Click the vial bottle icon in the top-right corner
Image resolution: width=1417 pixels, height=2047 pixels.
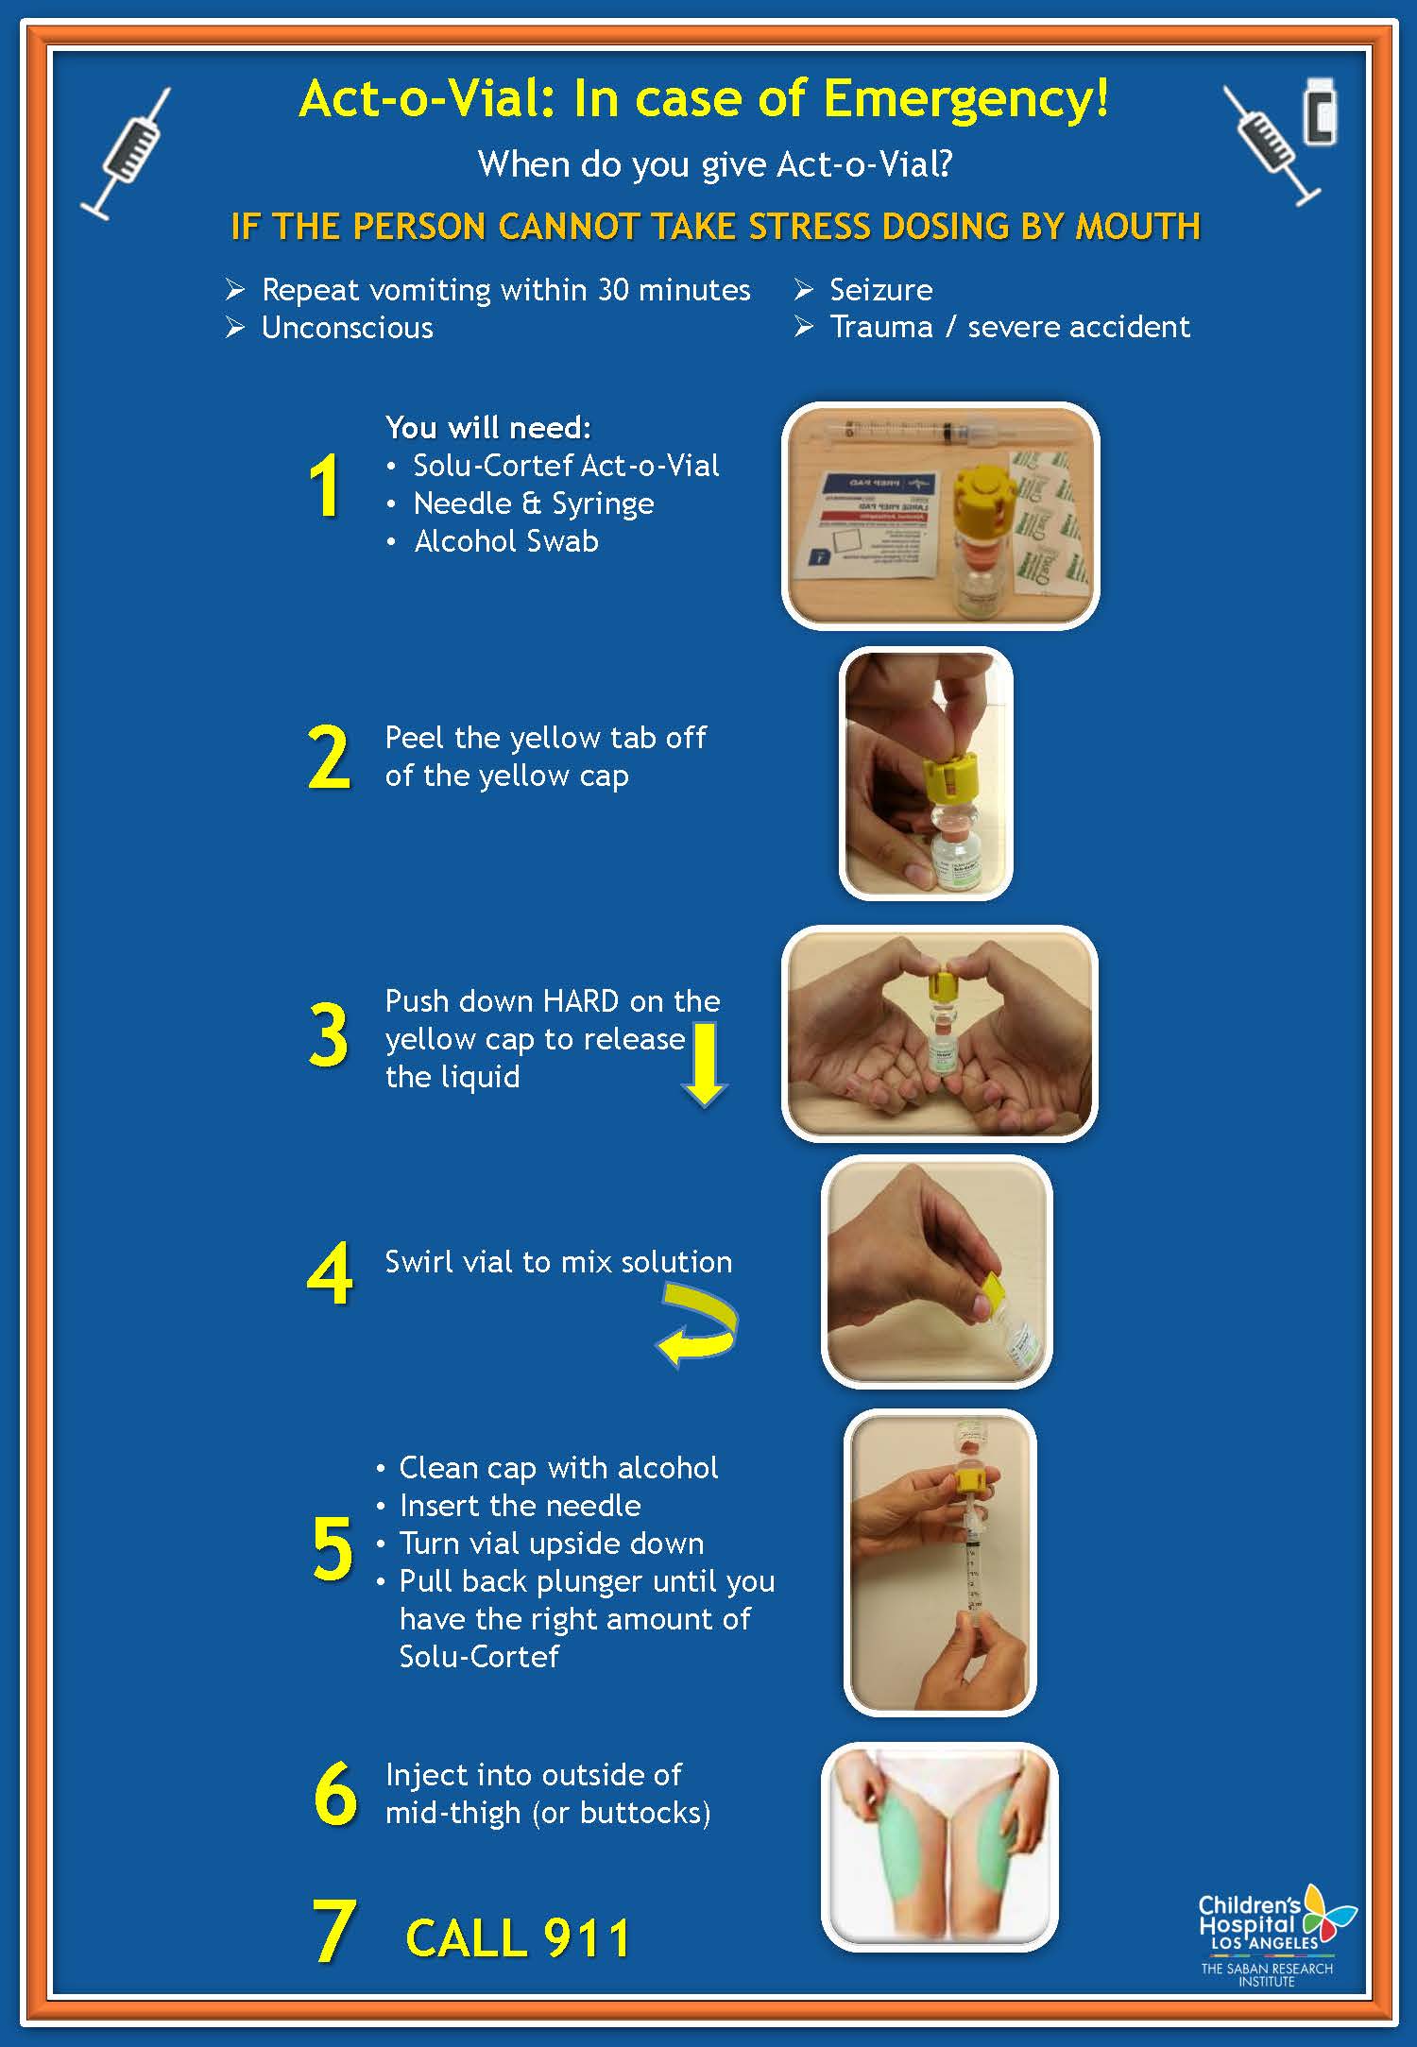click(x=1320, y=111)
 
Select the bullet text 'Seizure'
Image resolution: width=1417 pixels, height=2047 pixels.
click(x=880, y=289)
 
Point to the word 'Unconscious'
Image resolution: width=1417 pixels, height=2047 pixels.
click(x=347, y=328)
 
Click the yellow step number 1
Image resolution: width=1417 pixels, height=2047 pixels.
click(x=324, y=486)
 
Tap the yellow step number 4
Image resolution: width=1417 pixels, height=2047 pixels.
click(x=330, y=1273)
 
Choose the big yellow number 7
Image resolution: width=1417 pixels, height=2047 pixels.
click(x=333, y=1932)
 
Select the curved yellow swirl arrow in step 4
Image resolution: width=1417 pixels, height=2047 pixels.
click(x=699, y=1324)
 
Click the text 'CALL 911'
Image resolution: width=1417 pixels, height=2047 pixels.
click(x=518, y=1938)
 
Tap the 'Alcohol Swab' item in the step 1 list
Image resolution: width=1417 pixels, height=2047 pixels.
click(x=505, y=541)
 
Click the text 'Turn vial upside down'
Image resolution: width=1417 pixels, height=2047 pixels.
click(x=551, y=1544)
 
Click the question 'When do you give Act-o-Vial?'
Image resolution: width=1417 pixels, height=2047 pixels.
click(x=715, y=164)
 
